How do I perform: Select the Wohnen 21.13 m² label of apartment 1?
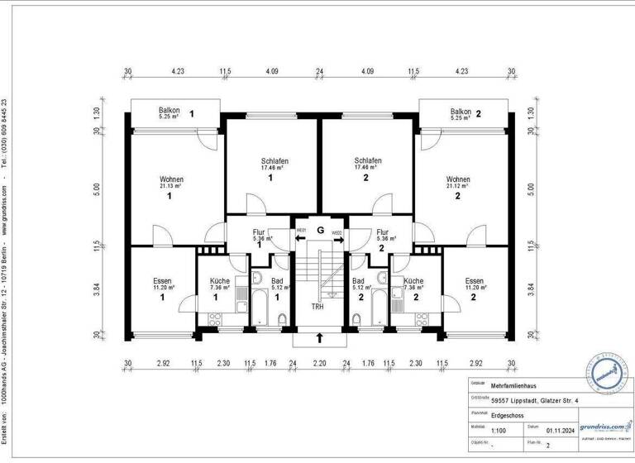point(171,184)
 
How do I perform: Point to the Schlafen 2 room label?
point(366,166)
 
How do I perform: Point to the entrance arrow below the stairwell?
point(319,337)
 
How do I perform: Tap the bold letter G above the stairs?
point(319,231)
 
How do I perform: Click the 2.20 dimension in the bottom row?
point(319,363)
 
